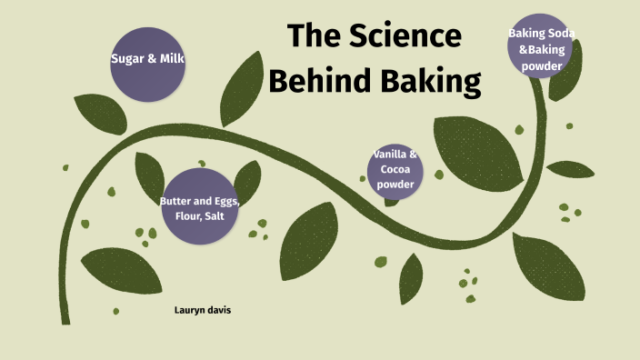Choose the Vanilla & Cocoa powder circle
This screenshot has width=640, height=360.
(395, 170)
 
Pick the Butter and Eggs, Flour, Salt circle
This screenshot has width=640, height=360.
(199, 207)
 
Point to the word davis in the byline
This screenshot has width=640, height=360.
(217, 310)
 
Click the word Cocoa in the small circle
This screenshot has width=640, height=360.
(395, 170)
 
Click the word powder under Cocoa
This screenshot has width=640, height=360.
(395, 185)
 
